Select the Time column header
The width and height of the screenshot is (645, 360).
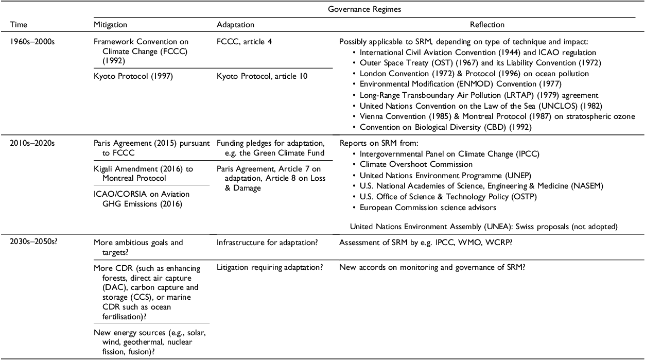20,25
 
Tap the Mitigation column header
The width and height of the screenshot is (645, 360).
110,25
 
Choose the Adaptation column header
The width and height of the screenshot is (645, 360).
235,25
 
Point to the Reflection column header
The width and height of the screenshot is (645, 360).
487,25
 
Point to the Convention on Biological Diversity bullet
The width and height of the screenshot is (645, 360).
445,127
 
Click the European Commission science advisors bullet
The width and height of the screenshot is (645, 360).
428,207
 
